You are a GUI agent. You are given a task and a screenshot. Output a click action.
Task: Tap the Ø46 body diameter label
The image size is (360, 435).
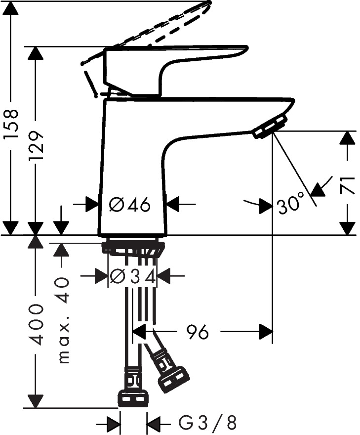click(x=129, y=204)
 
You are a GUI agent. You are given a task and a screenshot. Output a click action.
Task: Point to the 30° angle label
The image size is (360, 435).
click(x=291, y=205)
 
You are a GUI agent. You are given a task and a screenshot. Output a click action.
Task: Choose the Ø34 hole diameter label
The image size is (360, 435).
click(x=133, y=276)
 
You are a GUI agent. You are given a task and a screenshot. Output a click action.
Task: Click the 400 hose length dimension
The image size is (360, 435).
click(x=36, y=325)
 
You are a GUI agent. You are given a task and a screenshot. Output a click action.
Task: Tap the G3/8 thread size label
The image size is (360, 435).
click(x=207, y=423)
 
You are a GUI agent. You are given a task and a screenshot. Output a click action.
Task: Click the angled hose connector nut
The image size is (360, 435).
click(x=173, y=378)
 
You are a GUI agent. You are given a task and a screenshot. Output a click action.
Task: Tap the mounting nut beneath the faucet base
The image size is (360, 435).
click(x=133, y=246)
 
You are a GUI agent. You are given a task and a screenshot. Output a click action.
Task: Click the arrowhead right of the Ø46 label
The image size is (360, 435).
click(x=173, y=204)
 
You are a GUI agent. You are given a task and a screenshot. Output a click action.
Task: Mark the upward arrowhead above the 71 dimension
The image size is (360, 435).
click(x=349, y=138)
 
